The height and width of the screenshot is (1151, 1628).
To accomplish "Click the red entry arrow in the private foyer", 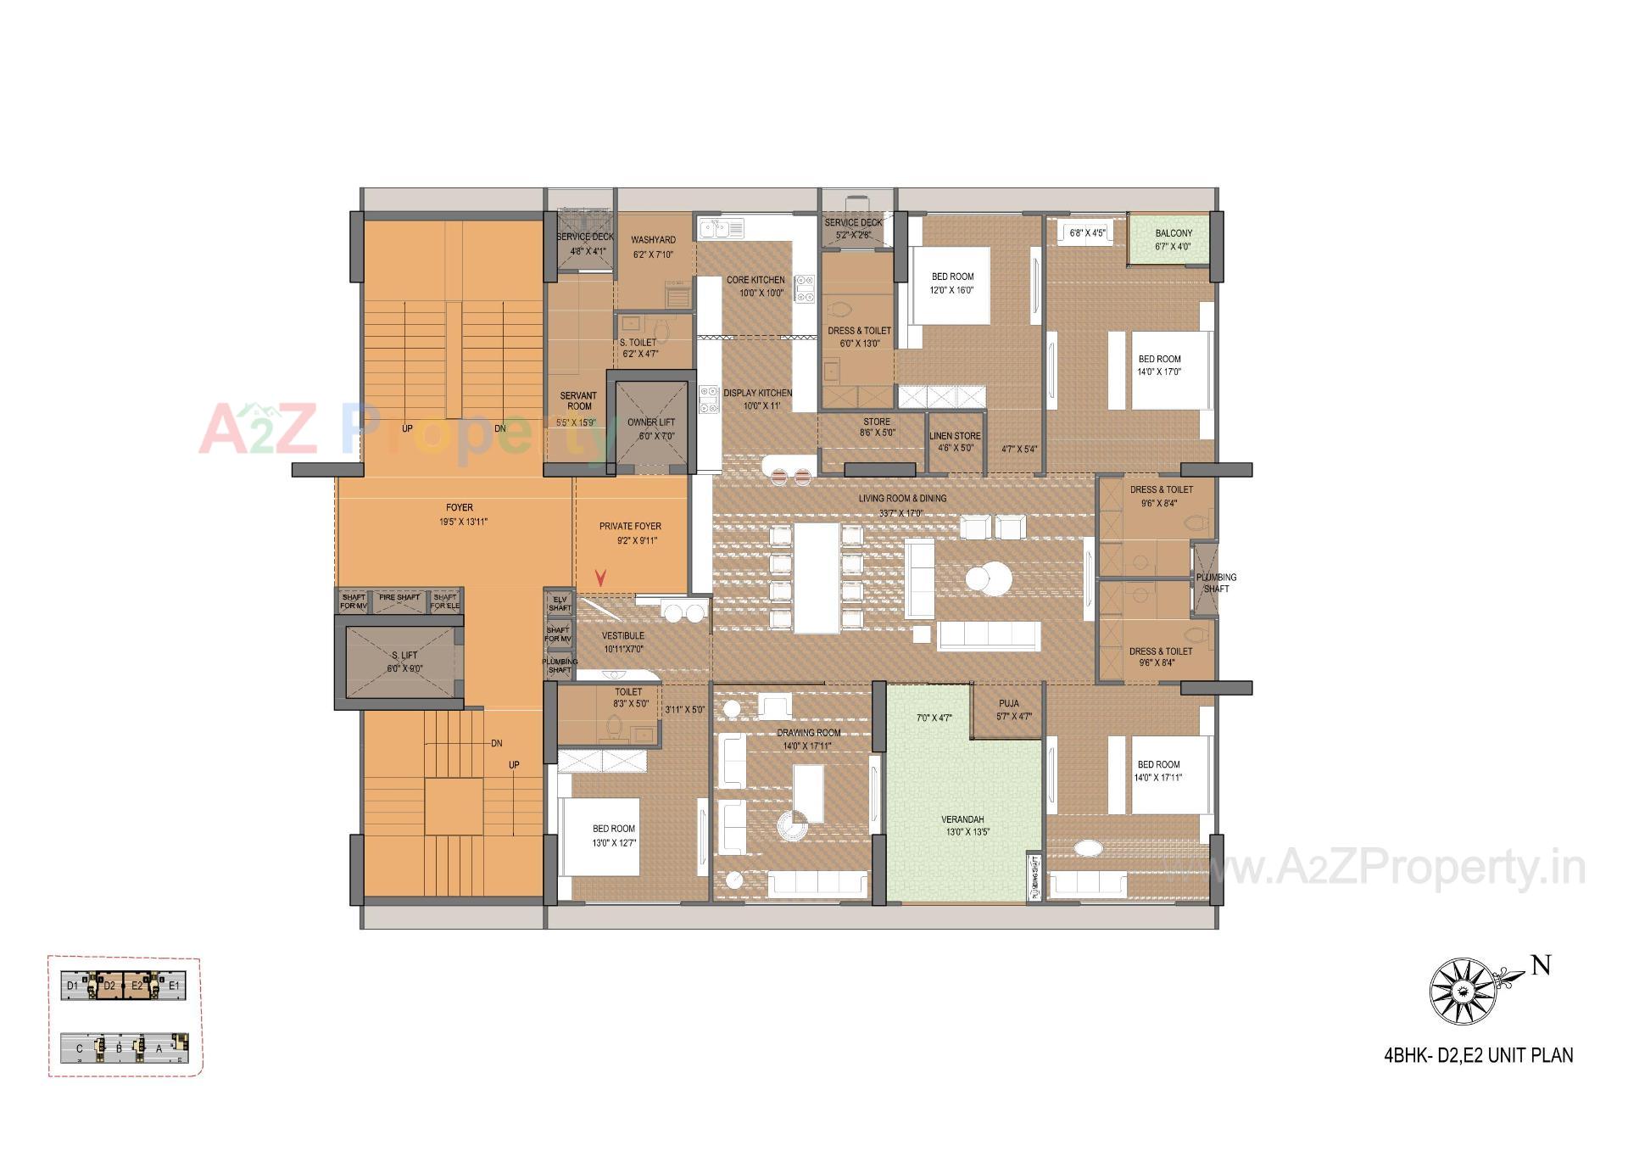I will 600,578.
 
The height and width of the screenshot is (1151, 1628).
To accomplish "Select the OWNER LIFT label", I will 651,422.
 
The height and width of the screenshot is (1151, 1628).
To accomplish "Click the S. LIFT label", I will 404,656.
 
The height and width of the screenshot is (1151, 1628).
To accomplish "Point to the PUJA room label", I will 1009,703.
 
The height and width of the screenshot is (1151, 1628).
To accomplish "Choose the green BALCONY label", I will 1174,233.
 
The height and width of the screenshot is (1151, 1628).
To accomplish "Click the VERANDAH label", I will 962,819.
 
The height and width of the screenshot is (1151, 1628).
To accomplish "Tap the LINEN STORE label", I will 955,436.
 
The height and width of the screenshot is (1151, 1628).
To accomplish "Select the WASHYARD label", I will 653,240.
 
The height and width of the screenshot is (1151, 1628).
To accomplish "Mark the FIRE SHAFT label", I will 399,598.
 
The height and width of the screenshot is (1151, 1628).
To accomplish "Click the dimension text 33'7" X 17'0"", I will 901,513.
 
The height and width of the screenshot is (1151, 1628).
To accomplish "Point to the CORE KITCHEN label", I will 755,280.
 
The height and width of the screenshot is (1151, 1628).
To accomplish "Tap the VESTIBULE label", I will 623,635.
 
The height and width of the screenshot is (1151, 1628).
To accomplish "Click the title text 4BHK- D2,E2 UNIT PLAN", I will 1478,1056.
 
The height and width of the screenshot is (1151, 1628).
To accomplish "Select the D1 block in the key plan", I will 73,986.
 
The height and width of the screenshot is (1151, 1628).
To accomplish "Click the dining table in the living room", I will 817,578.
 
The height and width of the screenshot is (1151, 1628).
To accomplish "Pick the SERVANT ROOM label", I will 578,400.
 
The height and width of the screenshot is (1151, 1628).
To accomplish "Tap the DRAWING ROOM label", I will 809,733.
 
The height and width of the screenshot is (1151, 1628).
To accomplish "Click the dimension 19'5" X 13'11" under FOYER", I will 463,522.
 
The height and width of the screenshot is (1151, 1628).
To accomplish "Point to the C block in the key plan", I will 80,1048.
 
